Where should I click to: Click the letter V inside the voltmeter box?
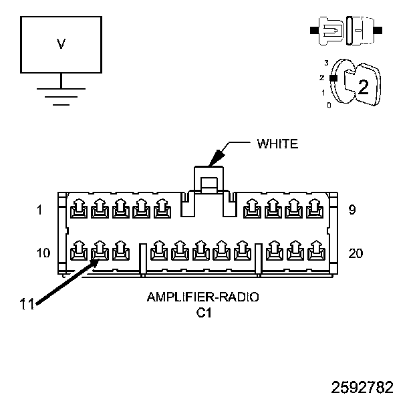[61, 44]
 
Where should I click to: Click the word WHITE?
[277, 144]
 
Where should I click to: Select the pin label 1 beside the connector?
[39, 210]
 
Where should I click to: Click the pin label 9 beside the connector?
[352, 210]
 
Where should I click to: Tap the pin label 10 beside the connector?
[43, 253]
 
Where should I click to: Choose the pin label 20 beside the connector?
[356, 253]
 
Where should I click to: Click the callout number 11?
[27, 304]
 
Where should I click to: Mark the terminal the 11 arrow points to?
[100, 251]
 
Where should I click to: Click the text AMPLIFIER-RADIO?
[202, 297]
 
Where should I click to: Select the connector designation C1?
[204, 313]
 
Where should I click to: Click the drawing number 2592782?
[362, 387]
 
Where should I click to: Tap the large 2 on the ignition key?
[364, 87]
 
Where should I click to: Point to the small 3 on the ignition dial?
[326, 63]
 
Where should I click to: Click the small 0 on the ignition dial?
[329, 106]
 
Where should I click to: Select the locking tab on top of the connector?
[208, 180]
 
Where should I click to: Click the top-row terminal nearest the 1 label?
[79, 209]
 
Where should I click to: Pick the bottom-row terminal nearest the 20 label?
[316, 251]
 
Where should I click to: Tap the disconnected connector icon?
[346, 31]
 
